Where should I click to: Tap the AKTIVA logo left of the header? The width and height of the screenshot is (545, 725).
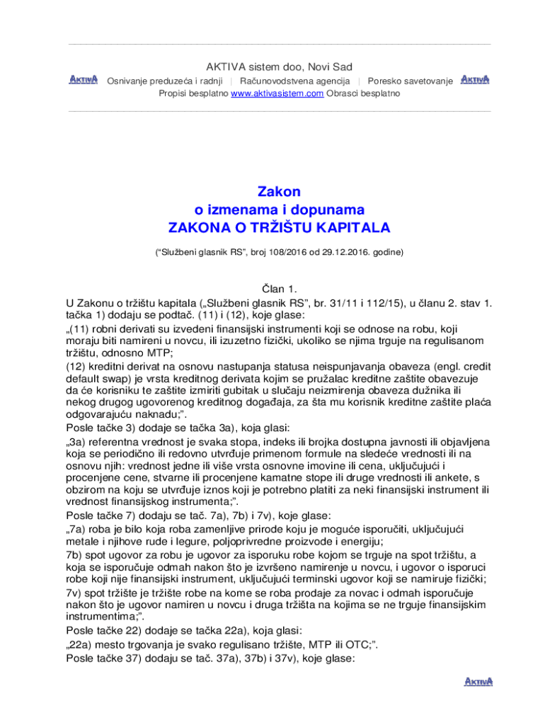coord(83,79)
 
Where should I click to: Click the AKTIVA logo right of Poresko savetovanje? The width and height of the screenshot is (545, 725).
coord(474,79)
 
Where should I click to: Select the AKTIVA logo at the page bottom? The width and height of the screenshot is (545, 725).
coord(478,682)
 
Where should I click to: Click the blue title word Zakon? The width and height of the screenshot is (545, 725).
coord(279,192)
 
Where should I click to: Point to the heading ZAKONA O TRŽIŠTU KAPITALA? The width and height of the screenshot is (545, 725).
coord(279,228)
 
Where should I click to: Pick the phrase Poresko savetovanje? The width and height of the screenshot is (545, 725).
coord(411,81)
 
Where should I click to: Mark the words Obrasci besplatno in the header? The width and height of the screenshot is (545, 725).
coord(363,93)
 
